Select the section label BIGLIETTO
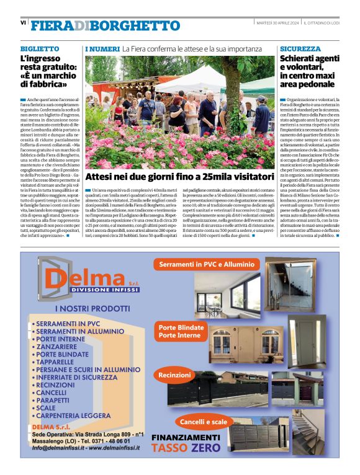point(40,48)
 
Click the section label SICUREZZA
point(300,48)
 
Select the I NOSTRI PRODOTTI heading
point(92,308)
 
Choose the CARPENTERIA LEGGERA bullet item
point(73,415)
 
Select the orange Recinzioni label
point(175,375)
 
